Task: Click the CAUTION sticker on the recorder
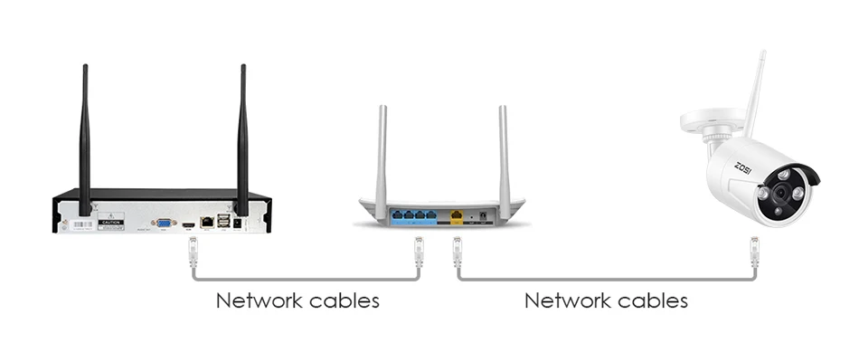click(111, 222)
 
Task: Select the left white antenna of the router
click(382, 154)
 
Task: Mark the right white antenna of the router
click(504, 154)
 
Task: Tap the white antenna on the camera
click(754, 90)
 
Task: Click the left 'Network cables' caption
click(297, 300)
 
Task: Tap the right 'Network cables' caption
click(606, 300)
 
